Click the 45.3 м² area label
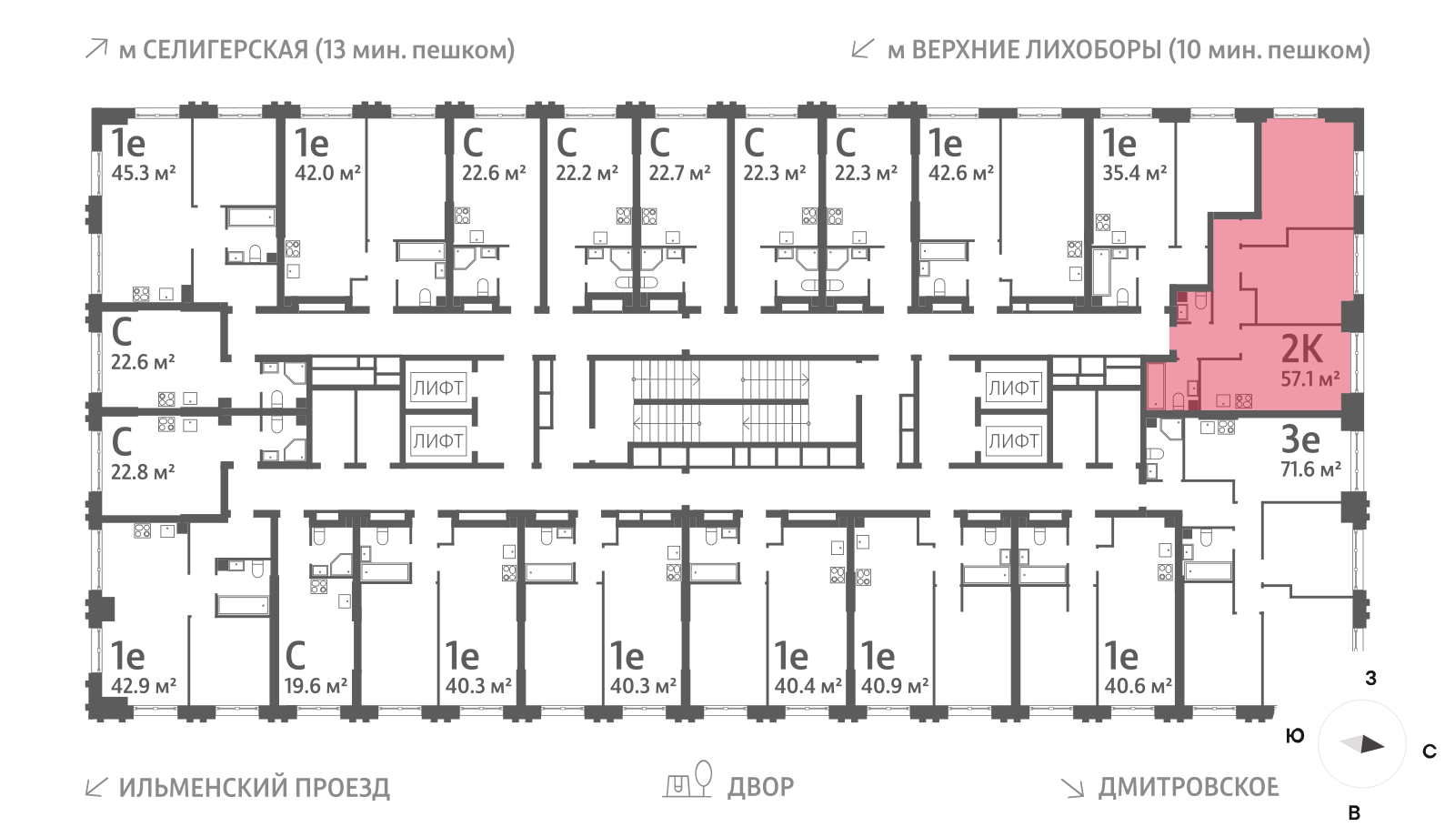(144, 173)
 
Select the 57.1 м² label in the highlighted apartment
(1309, 378)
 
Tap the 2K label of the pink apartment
(1301, 348)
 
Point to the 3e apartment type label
(1299, 439)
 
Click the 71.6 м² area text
(1309, 469)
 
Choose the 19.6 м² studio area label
(316, 686)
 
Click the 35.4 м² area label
(1134, 173)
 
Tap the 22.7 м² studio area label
(679, 173)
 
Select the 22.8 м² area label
(143, 472)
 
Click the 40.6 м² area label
(1138, 686)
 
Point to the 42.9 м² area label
(144, 686)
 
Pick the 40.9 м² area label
(895, 686)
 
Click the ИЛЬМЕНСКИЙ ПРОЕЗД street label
(255, 787)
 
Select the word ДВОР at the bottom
(760, 786)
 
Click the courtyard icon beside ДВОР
(687, 782)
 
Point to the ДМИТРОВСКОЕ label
(1188, 787)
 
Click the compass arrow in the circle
(1363, 744)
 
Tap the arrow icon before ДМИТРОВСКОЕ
(1072, 787)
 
